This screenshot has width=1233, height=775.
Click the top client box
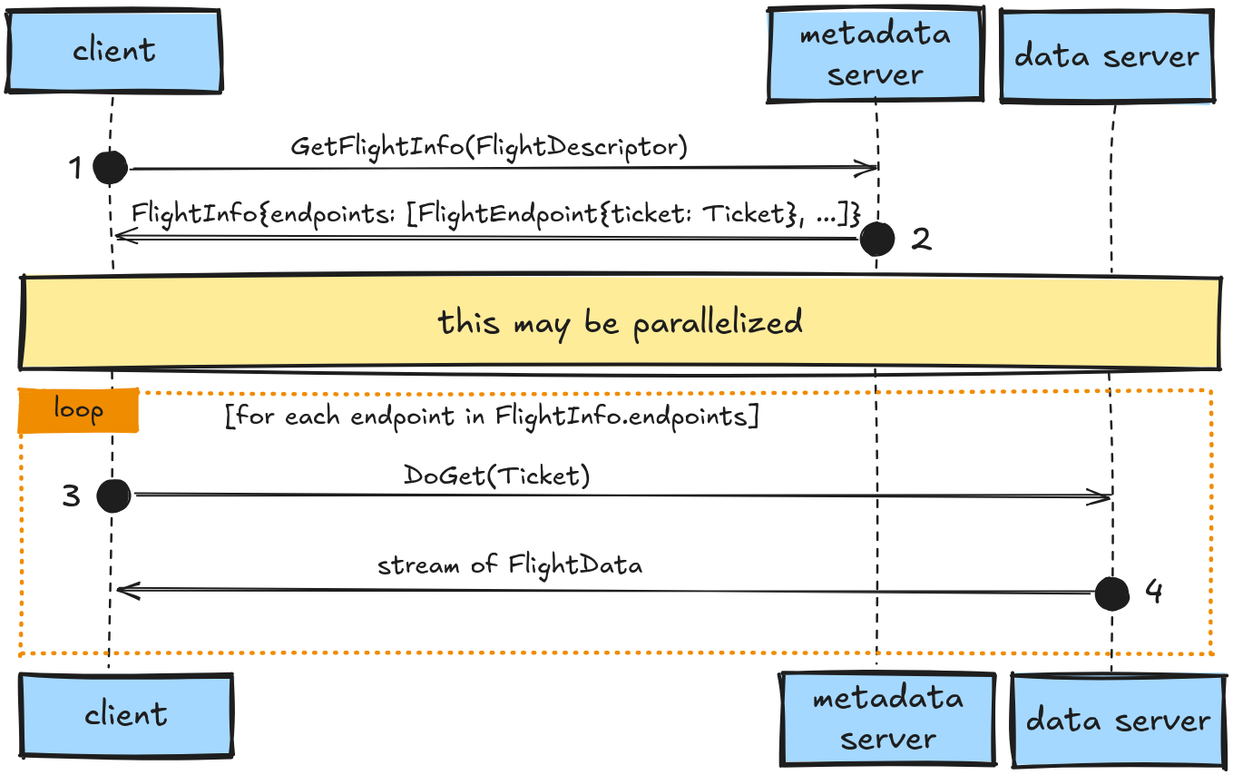pos(114,51)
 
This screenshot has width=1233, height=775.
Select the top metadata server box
pos(875,54)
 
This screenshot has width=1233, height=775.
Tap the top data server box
pos(1106,56)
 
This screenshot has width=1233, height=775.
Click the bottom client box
pos(126,715)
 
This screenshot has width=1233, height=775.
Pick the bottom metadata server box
pos(887,718)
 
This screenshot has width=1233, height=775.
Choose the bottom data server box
pos(1118,721)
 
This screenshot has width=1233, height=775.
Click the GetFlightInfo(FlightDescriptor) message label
pos(489,147)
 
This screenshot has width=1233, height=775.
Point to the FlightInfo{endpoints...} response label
pos(495,214)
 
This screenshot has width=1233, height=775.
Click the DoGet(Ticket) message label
pos(497,476)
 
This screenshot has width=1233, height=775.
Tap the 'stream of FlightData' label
pos(510,565)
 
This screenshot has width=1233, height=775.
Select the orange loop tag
pos(79,410)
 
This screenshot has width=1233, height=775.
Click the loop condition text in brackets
pos(491,417)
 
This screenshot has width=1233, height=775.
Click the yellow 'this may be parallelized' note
pos(621,323)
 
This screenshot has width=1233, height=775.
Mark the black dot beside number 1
pos(111,167)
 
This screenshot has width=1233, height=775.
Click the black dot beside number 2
pos(876,239)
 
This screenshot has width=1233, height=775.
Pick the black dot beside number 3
pos(113,495)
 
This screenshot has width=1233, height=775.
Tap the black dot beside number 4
pos(1111,594)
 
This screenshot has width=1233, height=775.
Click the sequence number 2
pos(920,239)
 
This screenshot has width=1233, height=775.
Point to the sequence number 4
pos(1153,592)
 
